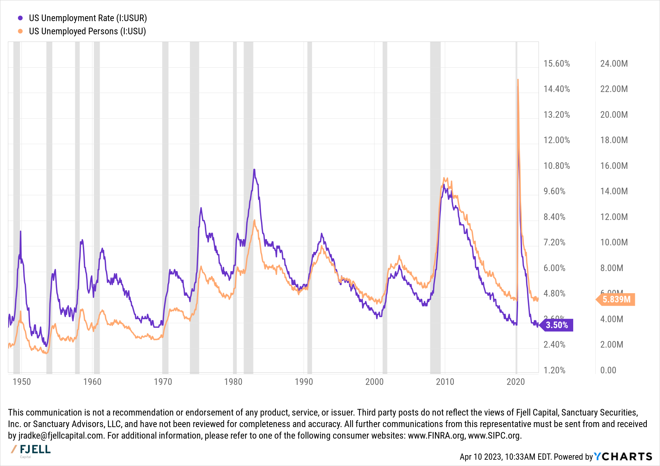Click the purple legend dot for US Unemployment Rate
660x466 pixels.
[x=20, y=18]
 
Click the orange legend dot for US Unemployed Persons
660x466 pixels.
[x=20, y=31]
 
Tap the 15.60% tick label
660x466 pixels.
[x=556, y=64]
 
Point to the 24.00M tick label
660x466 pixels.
[x=614, y=64]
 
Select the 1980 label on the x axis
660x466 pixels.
[x=233, y=382]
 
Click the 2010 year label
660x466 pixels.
[x=445, y=382]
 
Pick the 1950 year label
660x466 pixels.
[x=21, y=382]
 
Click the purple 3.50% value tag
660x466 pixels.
[x=557, y=325]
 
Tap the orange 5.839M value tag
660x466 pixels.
[x=616, y=299]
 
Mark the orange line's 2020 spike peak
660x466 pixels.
[x=518, y=79]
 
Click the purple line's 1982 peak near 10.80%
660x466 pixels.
[x=254, y=170]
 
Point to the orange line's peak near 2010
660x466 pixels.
[x=444, y=178]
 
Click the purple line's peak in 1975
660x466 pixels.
[x=201, y=208]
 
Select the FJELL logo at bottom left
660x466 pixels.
[x=31, y=450]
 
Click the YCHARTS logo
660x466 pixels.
[x=623, y=456]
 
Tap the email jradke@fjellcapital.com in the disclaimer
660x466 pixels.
[x=60, y=436]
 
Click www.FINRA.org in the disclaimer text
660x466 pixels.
[x=436, y=436]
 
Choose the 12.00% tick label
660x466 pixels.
[x=556, y=140]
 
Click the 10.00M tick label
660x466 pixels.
[x=614, y=242]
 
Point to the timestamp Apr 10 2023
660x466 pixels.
[x=480, y=457]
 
